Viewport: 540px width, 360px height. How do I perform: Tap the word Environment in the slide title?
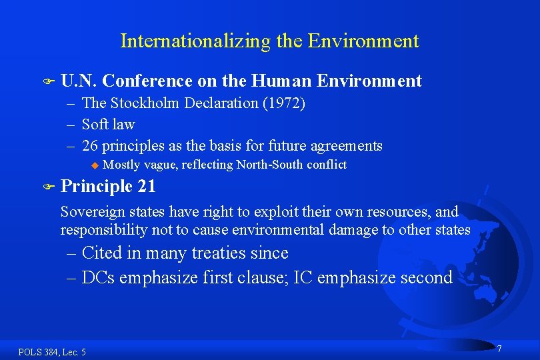[x=363, y=41]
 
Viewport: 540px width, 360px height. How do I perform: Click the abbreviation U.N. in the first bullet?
[x=79, y=81]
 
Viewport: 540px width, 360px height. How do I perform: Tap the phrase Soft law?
[x=108, y=125]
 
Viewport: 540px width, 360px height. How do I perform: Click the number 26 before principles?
[x=90, y=146]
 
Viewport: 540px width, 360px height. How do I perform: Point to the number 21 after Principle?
[x=147, y=187]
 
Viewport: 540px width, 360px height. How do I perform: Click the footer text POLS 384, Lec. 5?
[x=52, y=352]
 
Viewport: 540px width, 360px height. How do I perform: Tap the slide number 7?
[x=499, y=349]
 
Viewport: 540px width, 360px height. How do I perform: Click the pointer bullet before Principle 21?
[x=46, y=187]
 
